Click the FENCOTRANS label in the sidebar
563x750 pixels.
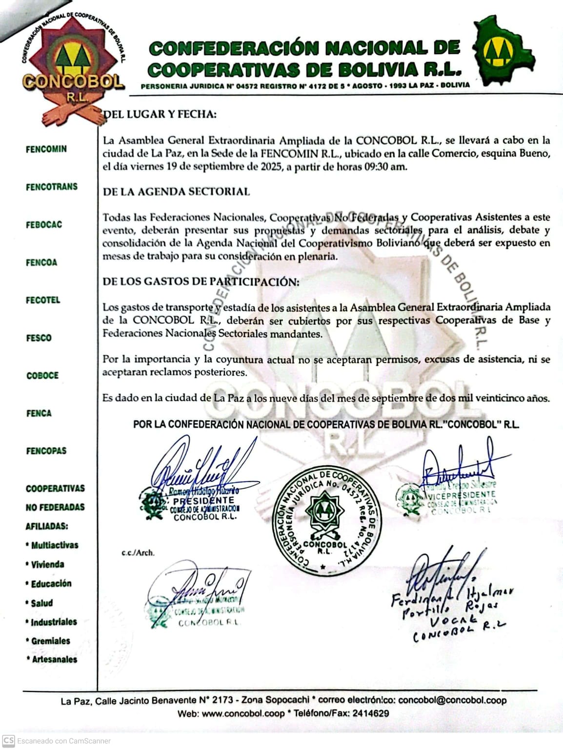coord(51,186)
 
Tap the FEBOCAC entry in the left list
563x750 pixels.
coord(44,224)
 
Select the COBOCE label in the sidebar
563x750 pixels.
coord(42,375)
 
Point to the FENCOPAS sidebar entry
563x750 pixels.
coord(46,450)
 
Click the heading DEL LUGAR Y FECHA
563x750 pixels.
coord(160,114)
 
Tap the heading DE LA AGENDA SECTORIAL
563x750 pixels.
coord(176,191)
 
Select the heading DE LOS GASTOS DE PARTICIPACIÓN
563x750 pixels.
coord(201,282)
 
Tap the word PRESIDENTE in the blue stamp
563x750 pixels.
coord(203,501)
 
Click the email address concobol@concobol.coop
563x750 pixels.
coord(452,700)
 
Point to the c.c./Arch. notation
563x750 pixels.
coord(138,553)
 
